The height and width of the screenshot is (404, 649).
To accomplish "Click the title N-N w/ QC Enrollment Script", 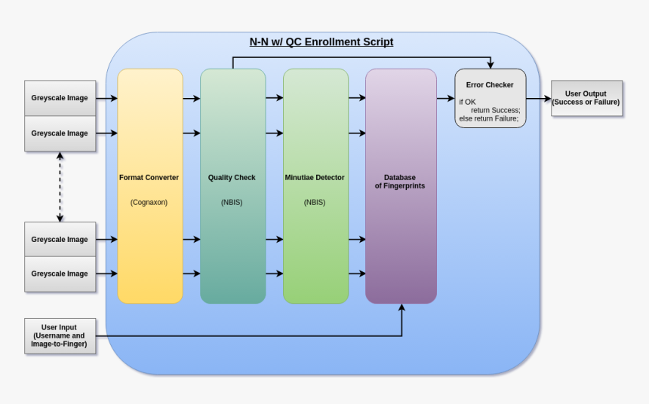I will [x=321, y=42].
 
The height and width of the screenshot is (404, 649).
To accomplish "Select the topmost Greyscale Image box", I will [x=60, y=98].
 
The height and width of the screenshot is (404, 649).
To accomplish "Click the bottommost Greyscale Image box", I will [x=60, y=274].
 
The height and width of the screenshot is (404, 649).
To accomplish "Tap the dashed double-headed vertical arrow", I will [x=60, y=187].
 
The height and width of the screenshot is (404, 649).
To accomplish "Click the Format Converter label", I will [x=149, y=178].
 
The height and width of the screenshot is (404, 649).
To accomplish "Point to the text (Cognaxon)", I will [x=149, y=202].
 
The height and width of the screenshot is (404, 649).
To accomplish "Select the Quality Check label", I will [x=232, y=178].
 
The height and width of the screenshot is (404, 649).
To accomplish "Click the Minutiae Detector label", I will [x=315, y=178].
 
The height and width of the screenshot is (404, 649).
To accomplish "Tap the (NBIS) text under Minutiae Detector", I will [x=315, y=202].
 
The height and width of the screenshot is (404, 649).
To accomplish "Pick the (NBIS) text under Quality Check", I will [x=232, y=202].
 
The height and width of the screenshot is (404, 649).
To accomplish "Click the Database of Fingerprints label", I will [x=400, y=182].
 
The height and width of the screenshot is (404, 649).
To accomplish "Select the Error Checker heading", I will [x=490, y=85].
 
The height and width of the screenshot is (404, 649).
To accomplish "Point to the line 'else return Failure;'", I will [x=489, y=118].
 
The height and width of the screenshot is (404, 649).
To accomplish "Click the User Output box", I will [x=586, y=98].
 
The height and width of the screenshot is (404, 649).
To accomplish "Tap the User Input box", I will [x=60, y=336].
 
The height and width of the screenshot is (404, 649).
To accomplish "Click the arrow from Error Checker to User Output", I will [x=538, y=99].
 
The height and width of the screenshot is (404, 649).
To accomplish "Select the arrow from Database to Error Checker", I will [x=445, y=99].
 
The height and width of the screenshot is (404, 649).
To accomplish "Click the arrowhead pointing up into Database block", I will [x=401, y=308].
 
